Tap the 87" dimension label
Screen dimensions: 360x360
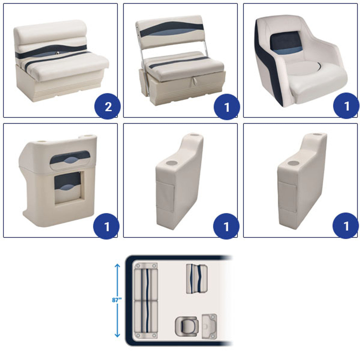[x=116, y=300]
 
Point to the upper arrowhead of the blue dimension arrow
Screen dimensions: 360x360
[x=117, y=266]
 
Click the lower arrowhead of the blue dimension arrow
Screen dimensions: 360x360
[x=117, y=335]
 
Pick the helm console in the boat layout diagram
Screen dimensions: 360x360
[x=209, y=326]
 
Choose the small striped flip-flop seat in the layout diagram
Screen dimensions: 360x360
[x=197, y=279]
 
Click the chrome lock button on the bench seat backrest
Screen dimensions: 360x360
[x=58, y=53]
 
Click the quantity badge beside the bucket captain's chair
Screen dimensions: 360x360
[x=346, y=106]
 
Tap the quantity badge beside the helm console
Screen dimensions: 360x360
[x=106, y=226]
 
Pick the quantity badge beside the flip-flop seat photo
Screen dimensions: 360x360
[x=227, y=107]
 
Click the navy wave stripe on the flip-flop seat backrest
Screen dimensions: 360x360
[x=172, y=28]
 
